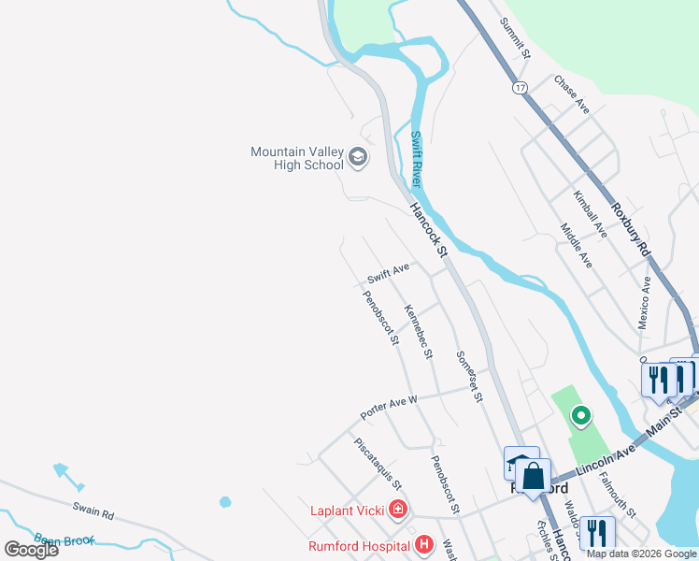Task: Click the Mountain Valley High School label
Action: tap(296, 158)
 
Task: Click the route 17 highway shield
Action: tap(520, 88)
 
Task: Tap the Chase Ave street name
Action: tap(572, 94)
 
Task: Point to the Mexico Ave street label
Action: tap(644, 302)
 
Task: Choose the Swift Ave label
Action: tap(388, 273)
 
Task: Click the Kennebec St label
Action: tap(418, 331)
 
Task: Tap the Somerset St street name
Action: tap(469, 376)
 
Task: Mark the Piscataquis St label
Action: tap(378, 464)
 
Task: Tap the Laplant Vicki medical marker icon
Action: tap(398, 511)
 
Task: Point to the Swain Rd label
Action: tap(93, 513)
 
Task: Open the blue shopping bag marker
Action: tap(533, 476)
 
